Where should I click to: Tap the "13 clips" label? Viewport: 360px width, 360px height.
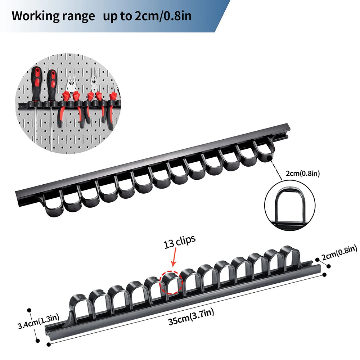coord(179,243)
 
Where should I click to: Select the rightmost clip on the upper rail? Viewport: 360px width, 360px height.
coord(265,151)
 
